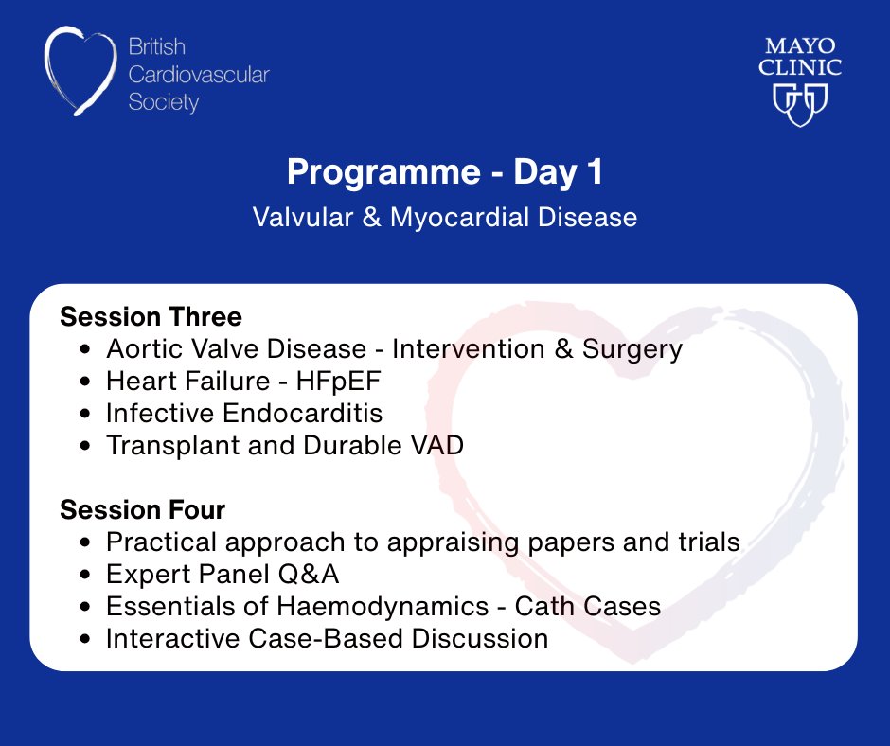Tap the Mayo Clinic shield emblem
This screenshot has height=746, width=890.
800,105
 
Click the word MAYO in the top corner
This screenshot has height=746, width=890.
800,45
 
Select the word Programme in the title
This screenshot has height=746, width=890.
383,172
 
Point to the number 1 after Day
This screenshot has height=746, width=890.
595,171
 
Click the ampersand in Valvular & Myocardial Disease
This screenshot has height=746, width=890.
371,218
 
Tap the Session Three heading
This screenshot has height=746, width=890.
151,316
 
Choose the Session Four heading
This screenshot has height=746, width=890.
142,509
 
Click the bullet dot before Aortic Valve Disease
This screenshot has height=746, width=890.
85,349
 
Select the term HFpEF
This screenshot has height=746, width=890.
338,382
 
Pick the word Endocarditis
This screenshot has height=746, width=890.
303,413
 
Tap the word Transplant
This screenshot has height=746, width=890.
173,446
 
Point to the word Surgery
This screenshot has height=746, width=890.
632,349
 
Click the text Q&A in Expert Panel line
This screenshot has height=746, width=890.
309,574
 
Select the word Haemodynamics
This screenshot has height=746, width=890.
383,607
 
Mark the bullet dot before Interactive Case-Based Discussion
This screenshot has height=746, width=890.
85,639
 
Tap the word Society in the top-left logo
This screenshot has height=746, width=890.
164,103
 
